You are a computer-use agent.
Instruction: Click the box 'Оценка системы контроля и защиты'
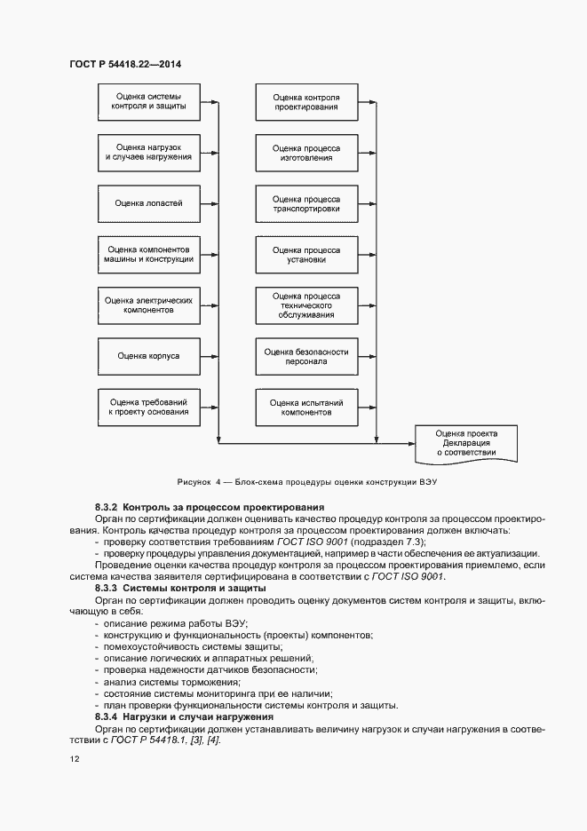click(148, 101)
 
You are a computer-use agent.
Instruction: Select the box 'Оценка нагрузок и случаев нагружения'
click(148, 152)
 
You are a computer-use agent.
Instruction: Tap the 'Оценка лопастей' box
click(148, 202)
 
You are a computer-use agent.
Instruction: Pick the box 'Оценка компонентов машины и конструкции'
click(148, 254)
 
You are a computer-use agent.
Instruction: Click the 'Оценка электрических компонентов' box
click(148, 305)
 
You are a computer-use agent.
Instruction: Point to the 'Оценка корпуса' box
click(148, 355)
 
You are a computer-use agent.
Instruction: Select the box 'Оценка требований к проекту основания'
click(148, 406)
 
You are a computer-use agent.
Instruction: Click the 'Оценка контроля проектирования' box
click(306, 101)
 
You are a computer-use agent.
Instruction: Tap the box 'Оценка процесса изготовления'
click(306, 152)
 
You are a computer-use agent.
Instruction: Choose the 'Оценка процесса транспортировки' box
click(306, 202)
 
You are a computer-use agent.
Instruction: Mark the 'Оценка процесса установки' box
click(306, 254)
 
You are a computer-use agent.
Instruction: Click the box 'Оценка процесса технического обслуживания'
click(306, 305)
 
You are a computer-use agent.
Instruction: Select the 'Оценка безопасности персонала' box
click(306, 355)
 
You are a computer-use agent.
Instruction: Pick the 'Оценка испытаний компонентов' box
click(306, 406)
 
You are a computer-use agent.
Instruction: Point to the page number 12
click(74, 760)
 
